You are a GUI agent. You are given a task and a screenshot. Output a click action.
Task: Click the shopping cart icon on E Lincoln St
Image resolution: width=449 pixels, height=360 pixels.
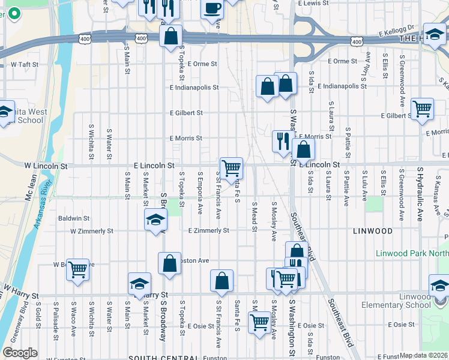tap(231, 168)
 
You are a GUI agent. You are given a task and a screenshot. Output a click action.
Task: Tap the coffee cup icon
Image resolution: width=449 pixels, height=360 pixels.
tap(212, 8)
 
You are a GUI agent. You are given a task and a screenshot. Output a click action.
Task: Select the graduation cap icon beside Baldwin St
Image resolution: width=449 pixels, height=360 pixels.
tap(155, 220)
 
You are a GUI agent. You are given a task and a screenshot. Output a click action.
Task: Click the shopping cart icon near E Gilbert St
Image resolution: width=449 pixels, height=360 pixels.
tap(423, 109)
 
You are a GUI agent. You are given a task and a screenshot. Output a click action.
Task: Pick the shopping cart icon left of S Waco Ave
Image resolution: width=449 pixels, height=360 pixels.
tap(77, 270)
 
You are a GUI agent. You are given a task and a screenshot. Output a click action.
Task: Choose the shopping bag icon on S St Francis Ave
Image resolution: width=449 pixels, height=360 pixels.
tap(221, 281)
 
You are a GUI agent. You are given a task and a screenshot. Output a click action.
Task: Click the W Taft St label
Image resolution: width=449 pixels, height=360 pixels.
tap(22, 64)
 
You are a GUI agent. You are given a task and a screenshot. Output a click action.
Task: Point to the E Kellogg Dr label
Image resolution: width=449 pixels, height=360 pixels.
tap(397, 29)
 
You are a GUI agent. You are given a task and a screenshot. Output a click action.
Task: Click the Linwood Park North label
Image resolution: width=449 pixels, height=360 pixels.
tap(412, 253)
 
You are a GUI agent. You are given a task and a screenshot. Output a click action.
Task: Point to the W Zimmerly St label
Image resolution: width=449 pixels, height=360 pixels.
tap(91, 231)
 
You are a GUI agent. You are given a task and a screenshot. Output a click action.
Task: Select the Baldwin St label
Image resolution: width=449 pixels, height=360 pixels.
tap(74, 219)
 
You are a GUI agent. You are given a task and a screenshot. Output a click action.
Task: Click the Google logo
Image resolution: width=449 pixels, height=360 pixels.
tap(20, 353)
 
